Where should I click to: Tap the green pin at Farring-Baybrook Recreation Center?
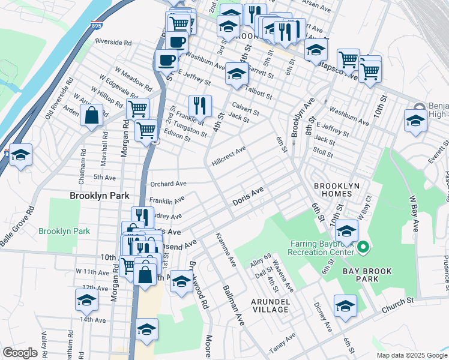(x=362, y=247)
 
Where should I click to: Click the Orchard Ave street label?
(x=169, y=184)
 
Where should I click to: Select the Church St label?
(x=398, y=303)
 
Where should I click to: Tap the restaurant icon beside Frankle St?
(x=200, y=106)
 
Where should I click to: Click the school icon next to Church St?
(x=345, y=305)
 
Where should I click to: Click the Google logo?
(x=20, y=353)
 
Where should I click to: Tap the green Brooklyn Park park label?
(x=64, y=231)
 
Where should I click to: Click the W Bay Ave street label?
(x=413, y=213)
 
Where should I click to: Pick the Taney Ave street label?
(x=282, y=341)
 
